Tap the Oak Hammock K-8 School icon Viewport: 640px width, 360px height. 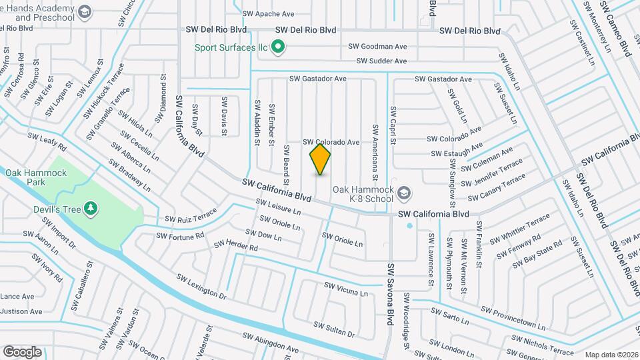[x=403, y=193]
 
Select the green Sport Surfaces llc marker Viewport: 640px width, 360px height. [x=280, y=47]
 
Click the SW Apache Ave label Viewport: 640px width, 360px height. [x=269, y=13]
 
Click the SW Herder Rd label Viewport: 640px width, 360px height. [x=235, y=246]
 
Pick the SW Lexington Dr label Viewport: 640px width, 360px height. [x=201, y=285]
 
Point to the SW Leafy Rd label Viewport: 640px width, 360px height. [x=48, y=141]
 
